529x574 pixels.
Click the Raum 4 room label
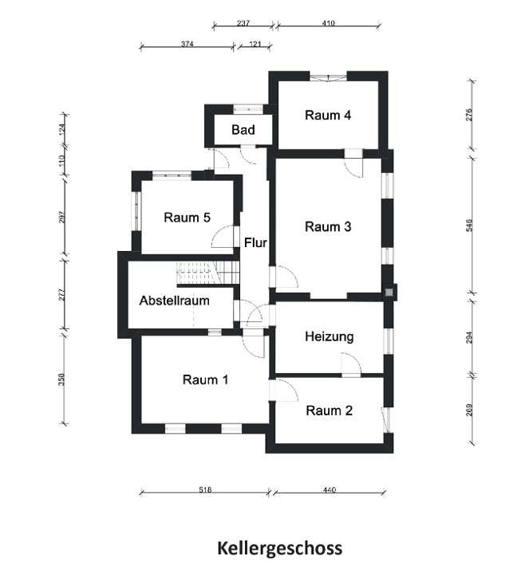tap(328, 115)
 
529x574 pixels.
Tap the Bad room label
tap(243, 130)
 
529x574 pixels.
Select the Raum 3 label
tap(328, 226)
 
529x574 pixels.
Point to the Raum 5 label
tap(187, 217)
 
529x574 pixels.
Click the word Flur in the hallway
tap(255, 242)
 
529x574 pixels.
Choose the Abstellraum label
tap(174, 301)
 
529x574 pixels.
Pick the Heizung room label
tap(329, 336)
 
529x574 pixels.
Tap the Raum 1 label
tap(205, 379)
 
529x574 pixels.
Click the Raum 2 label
tap(329, 411)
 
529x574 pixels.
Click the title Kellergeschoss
tap(279, 548)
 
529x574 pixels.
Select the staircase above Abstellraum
tap(207, 273)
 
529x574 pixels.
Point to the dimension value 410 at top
tap(328, 23)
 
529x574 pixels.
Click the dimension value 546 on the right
tap(469, 226)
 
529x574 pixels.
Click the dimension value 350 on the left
tap(62, 379)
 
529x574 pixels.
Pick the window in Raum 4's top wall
tap(328, 76)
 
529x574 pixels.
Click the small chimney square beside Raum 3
tap(389, 292)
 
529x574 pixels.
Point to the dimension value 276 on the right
tap(469, 114)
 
